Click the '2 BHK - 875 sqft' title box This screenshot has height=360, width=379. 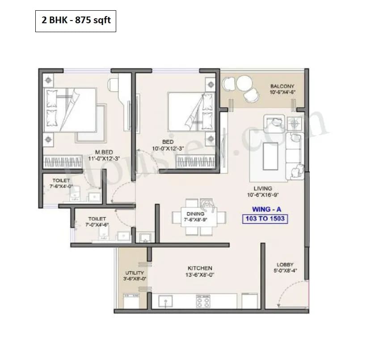click(76, 21)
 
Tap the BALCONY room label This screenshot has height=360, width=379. click(282, 86)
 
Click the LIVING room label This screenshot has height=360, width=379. click(262, 188)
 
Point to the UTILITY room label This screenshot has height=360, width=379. click(135, 272)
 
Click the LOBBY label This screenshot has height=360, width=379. click(285, 265)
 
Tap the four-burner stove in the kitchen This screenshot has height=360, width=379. click(203, 302)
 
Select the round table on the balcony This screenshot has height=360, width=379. click(245, 83)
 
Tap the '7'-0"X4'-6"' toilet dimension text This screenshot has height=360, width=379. click(98, 225)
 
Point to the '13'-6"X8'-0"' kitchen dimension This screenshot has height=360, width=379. click(200, 275)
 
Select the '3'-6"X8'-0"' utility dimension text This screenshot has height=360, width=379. click(135, 278)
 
